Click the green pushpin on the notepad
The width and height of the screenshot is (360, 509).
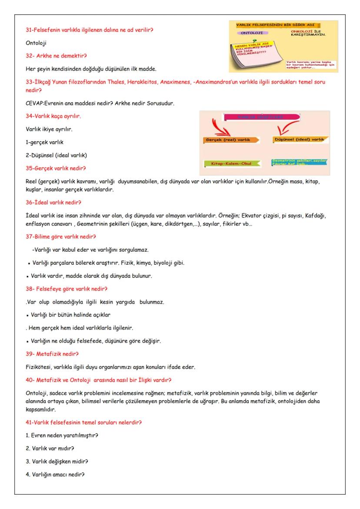[x=260, y=41]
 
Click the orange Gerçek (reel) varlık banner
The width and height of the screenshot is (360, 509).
[x=231, y=140]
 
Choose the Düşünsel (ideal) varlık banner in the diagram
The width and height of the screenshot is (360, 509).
[x=300, y=140]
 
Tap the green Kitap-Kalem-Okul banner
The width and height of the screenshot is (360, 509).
[x=231, y=163]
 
